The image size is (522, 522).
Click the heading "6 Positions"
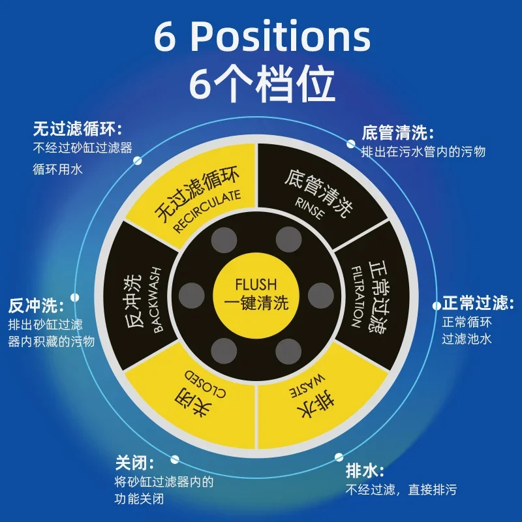(x=262, y=37)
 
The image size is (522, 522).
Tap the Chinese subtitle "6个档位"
(x=261, y=84)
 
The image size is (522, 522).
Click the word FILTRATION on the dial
(x=356, y=296)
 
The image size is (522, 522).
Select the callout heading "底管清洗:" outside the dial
(x=397, y=134)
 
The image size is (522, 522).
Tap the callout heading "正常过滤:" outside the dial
(x=475, y=303)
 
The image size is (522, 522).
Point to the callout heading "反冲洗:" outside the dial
(x=35, y=305)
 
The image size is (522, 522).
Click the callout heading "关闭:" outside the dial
(x=134, y=464)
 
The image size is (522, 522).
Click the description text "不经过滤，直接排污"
(x=401, y=490)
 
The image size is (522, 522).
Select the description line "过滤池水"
(x=466, y=339)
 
